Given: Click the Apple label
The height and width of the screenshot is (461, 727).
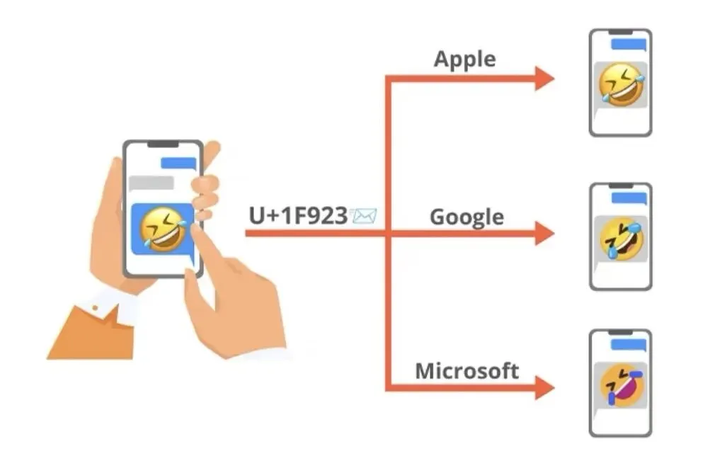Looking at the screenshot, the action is (464, 59).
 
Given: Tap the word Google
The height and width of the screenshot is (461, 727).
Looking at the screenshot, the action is (466, 216).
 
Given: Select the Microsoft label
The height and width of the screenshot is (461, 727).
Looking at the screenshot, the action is (466, 370).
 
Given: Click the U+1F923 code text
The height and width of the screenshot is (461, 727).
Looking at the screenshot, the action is (297, 215).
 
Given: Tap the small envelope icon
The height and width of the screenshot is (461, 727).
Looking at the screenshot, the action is (365, 215).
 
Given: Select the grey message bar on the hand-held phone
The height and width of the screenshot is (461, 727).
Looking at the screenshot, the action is (151, 182).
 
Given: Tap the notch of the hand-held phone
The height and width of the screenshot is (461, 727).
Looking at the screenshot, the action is (163, 144).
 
